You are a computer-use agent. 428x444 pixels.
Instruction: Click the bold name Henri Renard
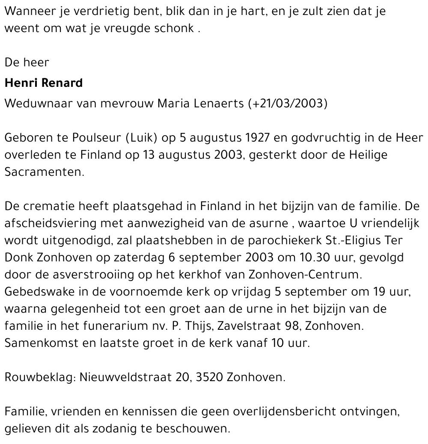pyautogui.click(x=44, y=83)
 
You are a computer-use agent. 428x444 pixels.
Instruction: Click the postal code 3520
pyautogui.click(x=208, y=377)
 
